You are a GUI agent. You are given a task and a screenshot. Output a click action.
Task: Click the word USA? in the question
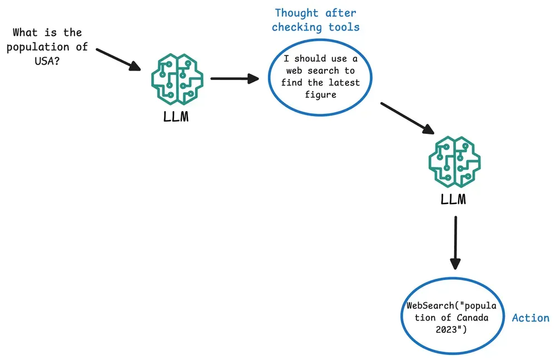(47, 61)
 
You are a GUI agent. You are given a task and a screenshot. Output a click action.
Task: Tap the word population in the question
(38, 47)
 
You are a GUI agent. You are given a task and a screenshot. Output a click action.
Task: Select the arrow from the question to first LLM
(118, 59)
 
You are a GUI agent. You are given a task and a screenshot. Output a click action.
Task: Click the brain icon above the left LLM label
(177, 79)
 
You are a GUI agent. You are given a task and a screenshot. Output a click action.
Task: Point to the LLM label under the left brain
(176, 117)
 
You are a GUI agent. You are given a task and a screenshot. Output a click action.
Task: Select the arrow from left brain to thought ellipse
(235, 78)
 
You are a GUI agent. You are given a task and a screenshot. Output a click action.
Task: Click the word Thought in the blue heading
(297, 13)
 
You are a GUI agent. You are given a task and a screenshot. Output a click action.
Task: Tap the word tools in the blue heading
(344, 27)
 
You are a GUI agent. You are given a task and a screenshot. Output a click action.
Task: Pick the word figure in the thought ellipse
(321, 95)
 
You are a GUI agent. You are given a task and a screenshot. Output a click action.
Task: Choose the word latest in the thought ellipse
(344, 83)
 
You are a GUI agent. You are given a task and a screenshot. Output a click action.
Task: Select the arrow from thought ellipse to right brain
(408, 118)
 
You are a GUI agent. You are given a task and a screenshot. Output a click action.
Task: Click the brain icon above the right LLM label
(454, 162)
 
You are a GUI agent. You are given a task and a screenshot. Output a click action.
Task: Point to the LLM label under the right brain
(453, 199)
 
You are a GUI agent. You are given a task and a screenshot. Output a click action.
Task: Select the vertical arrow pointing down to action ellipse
(455, 243)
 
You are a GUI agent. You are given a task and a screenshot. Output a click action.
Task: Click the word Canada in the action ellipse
(472, 317)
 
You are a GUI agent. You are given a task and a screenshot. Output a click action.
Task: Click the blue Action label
(530, 318)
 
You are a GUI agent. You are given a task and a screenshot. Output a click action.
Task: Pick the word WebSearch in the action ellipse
(430, 306)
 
